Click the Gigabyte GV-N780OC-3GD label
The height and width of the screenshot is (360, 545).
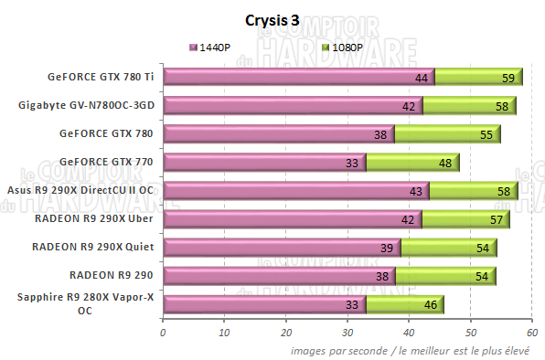pos(86,105)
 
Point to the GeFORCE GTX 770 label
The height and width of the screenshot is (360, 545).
pos(106,162)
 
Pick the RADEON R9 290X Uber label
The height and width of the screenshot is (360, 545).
pos(93,218)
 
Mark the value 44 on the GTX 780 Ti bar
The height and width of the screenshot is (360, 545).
pos(422,79)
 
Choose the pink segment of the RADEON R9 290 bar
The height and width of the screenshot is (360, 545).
pos(274,276)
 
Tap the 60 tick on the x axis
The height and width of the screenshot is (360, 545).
pos(532,333)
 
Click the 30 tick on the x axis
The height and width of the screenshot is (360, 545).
pos(347,333)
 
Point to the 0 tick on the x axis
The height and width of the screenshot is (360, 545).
pos(163,333)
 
